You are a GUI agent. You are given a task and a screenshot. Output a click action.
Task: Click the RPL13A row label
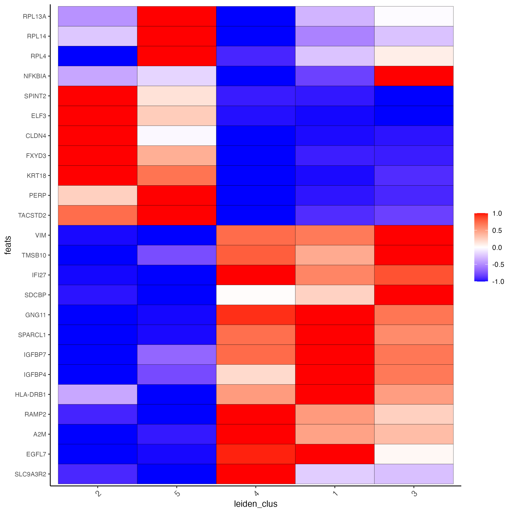click(x=35, y=17)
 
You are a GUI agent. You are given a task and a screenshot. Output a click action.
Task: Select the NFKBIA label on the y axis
click(x=35, y=76)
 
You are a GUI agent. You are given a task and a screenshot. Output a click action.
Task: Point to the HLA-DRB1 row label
click(x=31, y=395)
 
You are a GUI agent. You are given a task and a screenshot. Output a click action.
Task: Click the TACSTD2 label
click(x=32, y=215)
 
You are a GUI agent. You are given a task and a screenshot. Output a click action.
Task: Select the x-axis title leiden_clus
click(x=255, y=504)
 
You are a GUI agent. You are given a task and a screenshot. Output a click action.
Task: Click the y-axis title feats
click(x=8, y=245)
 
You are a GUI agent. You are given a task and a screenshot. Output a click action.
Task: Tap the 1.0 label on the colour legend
click(x=497, y=214)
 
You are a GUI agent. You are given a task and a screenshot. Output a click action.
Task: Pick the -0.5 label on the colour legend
click(x=498, y=264)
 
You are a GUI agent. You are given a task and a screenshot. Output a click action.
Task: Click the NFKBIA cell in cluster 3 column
click(x=414, y=76)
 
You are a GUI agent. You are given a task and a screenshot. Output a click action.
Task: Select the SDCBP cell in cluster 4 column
click(x=256, y=295)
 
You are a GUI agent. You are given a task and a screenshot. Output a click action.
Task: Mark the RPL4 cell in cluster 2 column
click(x=97, y=56)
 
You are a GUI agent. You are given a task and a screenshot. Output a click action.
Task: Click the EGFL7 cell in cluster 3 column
click(x=414, y=454)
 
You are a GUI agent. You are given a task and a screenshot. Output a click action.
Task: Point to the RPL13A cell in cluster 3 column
click(x=414, y=16)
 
